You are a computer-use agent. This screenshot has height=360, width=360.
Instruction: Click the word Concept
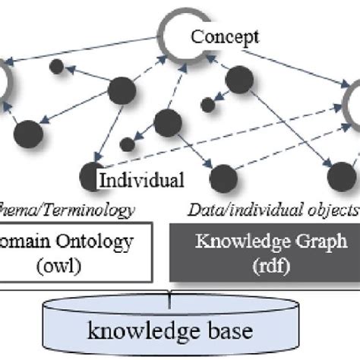click(225, 36)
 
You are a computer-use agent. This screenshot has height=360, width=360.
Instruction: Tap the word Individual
click(142, 181)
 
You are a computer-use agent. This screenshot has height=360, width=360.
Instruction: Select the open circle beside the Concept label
click(177, 36)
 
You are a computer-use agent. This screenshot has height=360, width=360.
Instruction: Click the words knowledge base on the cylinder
click(179, 330)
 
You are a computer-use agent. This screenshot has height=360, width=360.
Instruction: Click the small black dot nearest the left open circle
click(56, 66)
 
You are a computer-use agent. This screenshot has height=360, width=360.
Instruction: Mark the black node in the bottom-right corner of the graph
click(339, 178)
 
